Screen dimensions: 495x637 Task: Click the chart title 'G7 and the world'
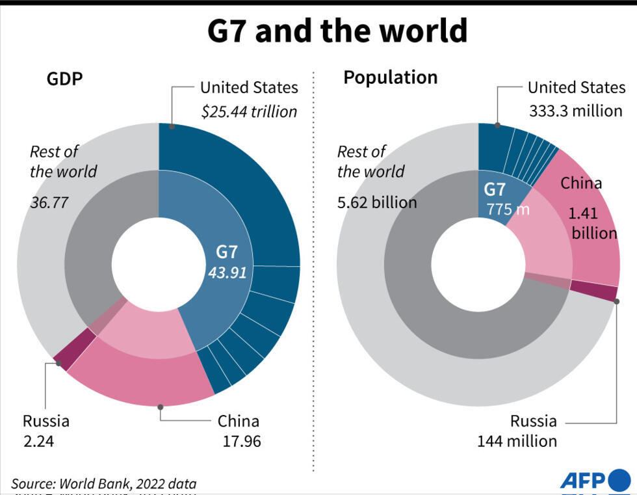coord(337,31)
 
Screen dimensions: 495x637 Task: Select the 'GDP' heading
coord(64,79)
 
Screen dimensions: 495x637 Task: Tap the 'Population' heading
coord(390,77)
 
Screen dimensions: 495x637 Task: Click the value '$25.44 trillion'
coord(249,112)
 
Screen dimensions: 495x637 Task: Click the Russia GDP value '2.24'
coord(38,441)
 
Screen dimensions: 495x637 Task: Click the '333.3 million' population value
coord(575,111)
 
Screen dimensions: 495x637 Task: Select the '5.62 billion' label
coord(376,202)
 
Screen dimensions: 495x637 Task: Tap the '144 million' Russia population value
coord(517,441)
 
